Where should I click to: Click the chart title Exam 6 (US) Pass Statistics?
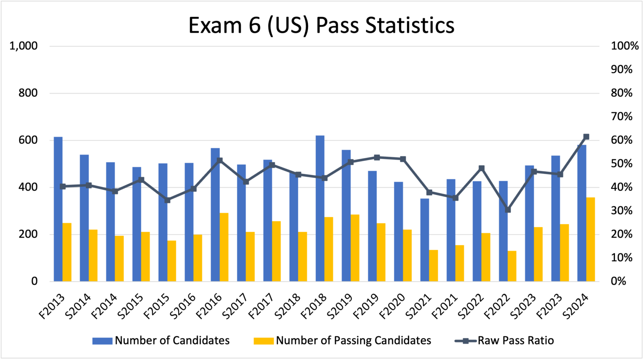[x=321, y=25]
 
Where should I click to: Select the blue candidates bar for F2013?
[x=58, y=209]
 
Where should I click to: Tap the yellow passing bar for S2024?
[x=590, y=239]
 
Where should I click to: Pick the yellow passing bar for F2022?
[x=512, y=266]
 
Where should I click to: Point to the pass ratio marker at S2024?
[x=586, y=137]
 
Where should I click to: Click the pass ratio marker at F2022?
[x=508, y=210]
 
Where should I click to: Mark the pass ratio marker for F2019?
[x=377, y=158]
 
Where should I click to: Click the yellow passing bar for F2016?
[x=224, y=247]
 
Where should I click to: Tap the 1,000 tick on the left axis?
[x=23, y=46]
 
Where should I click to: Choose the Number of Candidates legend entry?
[x=161, y=341]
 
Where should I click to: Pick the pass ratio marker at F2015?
[x=167, y=200]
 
